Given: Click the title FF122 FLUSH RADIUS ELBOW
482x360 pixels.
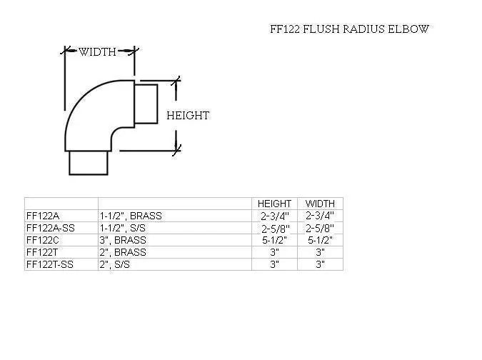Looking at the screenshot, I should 349,29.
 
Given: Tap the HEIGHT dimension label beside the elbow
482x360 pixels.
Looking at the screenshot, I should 188,115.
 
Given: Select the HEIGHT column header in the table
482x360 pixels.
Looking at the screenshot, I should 274,204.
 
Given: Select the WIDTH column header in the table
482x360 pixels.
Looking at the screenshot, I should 320,204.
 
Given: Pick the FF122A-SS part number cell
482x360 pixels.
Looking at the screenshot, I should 49,228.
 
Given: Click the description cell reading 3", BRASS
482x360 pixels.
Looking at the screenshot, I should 122,240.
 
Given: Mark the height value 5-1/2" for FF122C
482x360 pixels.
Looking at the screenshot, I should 274,240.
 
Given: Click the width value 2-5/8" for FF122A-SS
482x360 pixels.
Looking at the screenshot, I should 320,228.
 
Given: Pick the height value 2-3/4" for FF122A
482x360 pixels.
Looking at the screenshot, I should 274,216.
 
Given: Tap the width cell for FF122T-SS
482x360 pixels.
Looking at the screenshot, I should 320,264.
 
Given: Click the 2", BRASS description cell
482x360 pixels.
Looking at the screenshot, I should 122,252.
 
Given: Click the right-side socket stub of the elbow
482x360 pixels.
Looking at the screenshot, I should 146,104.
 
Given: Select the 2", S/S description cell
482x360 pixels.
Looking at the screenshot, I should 115,264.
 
